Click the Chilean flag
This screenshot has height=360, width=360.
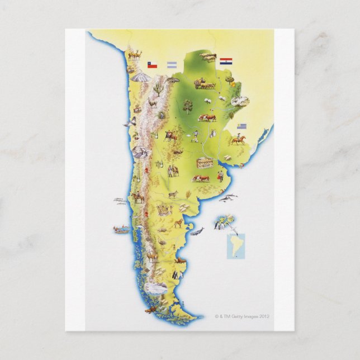click(x=151, y=65)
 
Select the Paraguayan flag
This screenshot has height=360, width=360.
click(x=225, y=60)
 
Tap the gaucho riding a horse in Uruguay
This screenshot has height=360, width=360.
click(x=238, y=139)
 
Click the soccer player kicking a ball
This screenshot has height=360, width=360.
click(x=195, y=135)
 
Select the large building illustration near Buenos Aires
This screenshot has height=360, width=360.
click(x=205, y=163)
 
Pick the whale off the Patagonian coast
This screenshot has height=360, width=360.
click(x=196, y=230)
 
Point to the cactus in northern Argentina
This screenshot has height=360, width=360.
click(x=158, y=88)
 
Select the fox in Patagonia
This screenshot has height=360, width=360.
click(x=178, y=224)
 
